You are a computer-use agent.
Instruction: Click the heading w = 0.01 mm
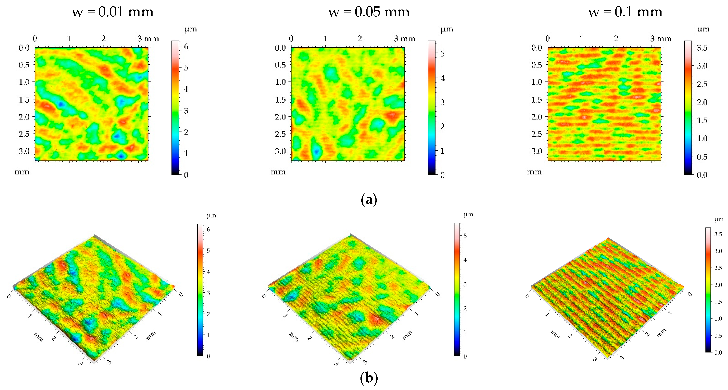[x=113, y=12]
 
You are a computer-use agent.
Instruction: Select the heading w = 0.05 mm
[x=369, y=12]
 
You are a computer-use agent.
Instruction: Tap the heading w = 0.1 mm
[x=625, y=12]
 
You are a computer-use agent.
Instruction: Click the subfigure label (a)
[x=369, y=200]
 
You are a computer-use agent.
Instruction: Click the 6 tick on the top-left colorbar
[x=186, y=47]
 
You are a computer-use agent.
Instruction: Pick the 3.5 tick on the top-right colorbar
[x=702, y=48]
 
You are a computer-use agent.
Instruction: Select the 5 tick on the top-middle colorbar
[x=442, y=53]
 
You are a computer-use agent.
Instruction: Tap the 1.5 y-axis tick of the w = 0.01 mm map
[x=24, y=100]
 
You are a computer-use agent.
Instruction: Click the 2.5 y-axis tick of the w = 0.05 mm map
[x=280, y=134]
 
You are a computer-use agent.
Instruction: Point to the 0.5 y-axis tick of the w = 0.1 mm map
[x=537, y=65]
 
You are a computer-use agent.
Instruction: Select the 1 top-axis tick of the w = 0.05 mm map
[x=325, y=38]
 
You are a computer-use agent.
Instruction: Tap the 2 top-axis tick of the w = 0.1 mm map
[x=616, y=38]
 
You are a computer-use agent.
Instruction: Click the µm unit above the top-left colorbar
[x=190, y=29]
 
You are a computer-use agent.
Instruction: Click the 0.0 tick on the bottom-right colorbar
[x=718, y=352]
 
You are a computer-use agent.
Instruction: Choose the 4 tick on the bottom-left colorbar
[x=208, y=272]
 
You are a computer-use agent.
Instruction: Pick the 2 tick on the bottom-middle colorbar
[x=465, y=308]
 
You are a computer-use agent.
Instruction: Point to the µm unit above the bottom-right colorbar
[x=719, y=219]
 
